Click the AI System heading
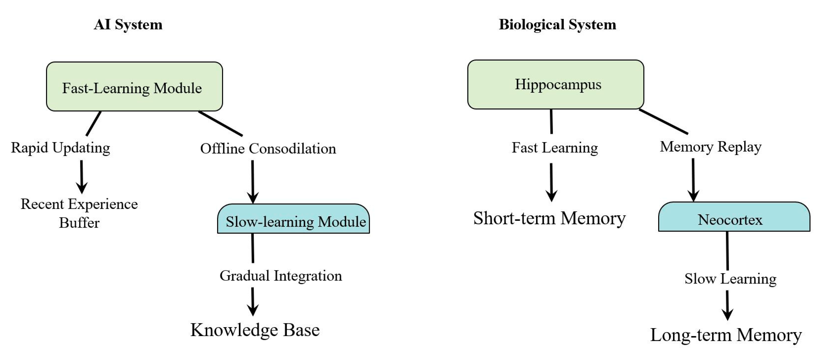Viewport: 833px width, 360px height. pyautogui.click(x=128, y=25)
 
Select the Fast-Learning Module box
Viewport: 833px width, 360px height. pyautogui.click(x=134, y=87)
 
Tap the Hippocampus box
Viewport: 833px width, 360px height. pyautogui.click(x=556, y=84)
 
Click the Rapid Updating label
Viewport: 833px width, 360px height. pyautogui.click(x=60, y=148)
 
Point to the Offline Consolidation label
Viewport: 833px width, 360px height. pyautogui.click(x=268, y=149)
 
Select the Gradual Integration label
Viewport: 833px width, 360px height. pyautogui.click(x=281, y=276)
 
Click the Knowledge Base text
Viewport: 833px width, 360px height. pyautogui.click(x=255, y=330)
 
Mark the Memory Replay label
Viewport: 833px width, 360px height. pyautogui.click(x=710, y=147)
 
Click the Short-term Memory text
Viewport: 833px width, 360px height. pyautogui.click(x=549, y=218)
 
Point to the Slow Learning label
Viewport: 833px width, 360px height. pyautogui.click(x=730, y=279)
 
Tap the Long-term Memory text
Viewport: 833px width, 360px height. pyautogui.click(x=726, y=335)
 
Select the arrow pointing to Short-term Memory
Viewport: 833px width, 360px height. pyautogui.click(x=551, y=182)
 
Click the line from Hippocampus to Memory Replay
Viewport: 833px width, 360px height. pyautogui.click(x=664, y=122)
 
